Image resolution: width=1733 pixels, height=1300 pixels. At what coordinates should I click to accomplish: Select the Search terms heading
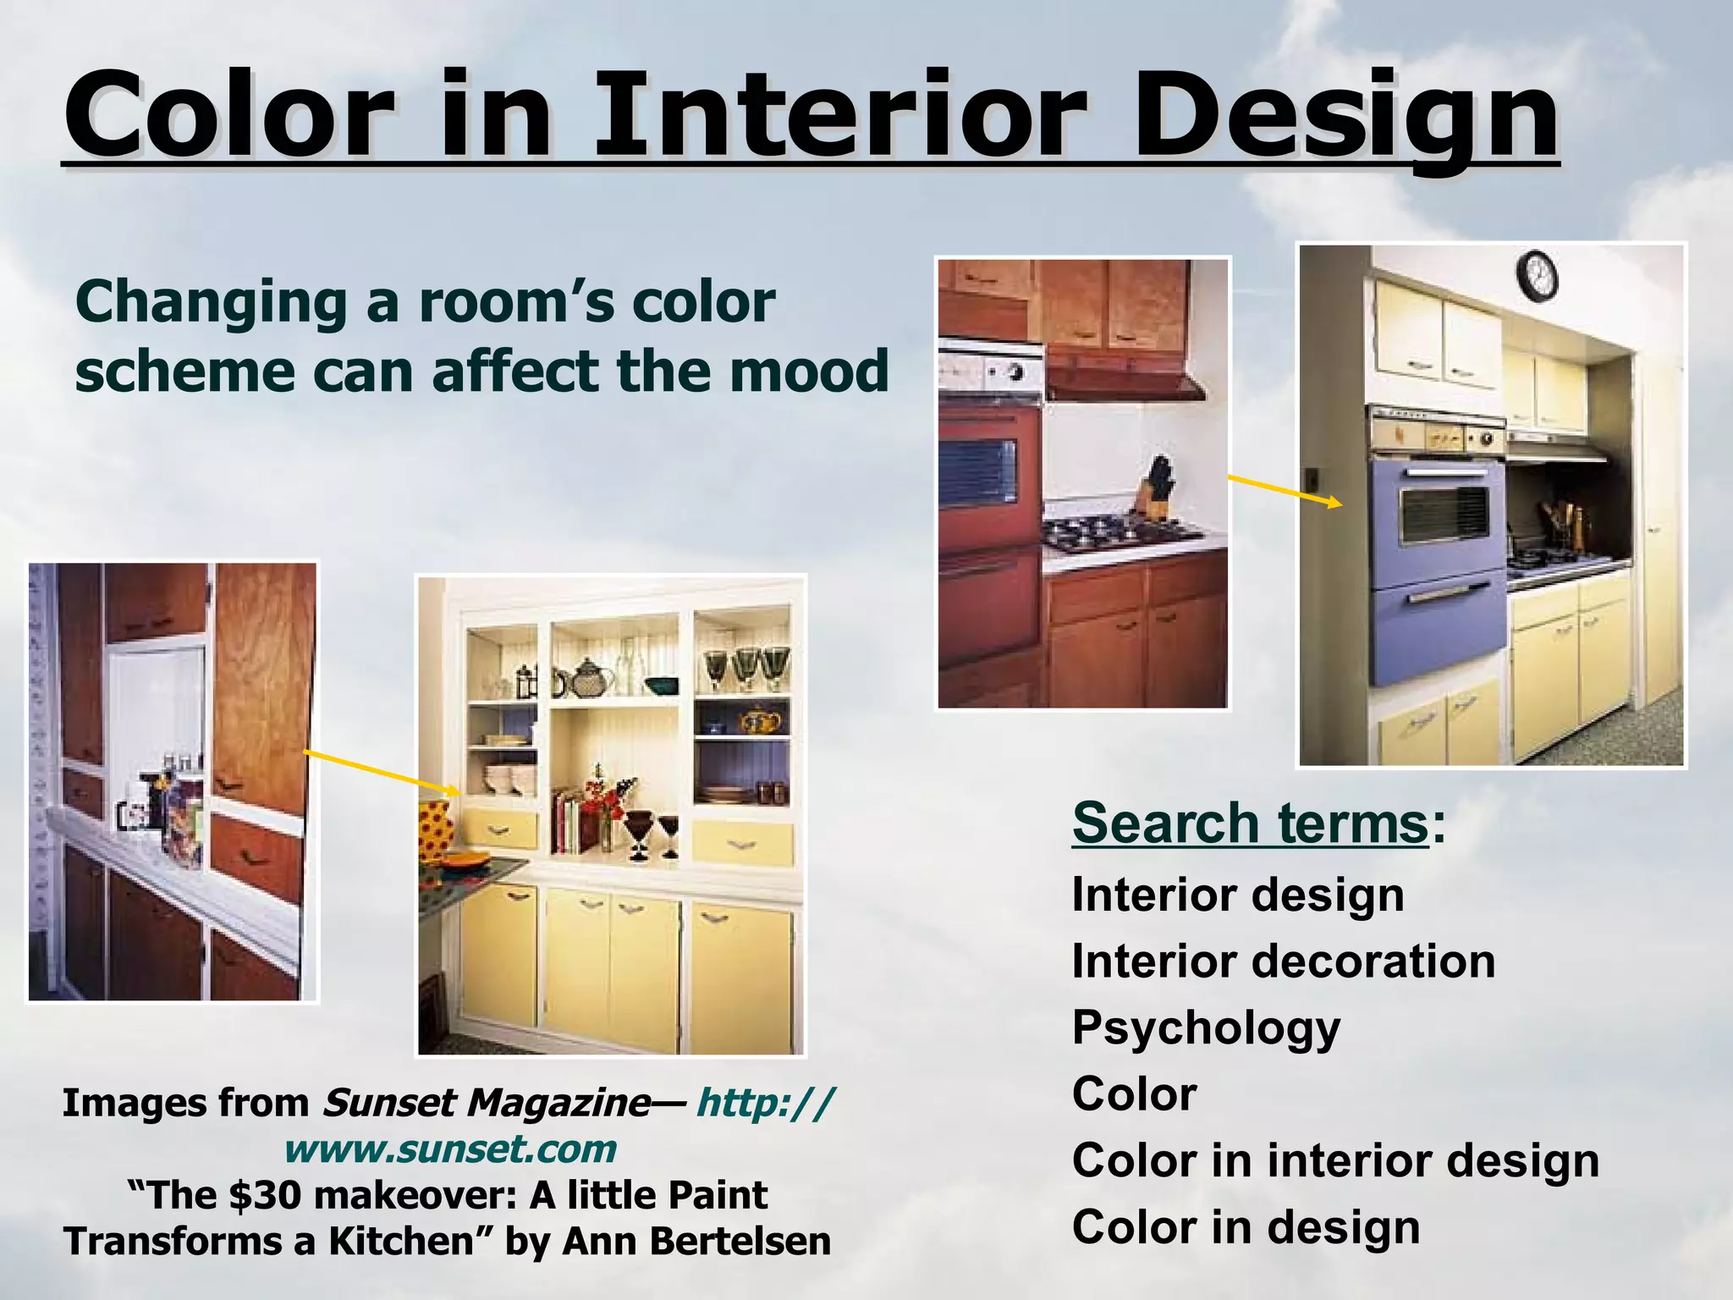(1251, 823)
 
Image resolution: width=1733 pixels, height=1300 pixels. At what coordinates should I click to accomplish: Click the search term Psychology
(1206, 1027)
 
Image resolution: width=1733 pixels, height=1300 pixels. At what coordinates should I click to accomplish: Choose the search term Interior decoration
(1283, 961)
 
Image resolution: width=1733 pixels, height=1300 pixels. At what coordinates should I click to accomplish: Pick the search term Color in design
(1246, 1226)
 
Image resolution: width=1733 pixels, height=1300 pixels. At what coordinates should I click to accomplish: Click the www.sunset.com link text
(450, 1149)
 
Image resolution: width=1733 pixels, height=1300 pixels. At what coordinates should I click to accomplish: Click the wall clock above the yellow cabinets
(1537, 277)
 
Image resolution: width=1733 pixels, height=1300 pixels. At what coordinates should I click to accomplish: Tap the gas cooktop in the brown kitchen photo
(1117, 535)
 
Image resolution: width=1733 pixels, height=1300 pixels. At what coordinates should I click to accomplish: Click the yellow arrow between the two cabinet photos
(382, 773)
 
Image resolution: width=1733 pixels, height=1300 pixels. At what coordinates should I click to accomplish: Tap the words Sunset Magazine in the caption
(486, 1103)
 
